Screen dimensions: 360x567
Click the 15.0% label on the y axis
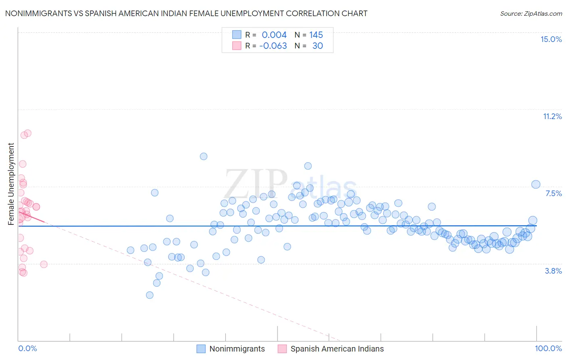coord(551,39)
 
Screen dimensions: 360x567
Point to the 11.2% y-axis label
coord(552,116)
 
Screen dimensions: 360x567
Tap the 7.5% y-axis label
coord(553,193)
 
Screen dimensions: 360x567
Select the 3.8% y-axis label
coord(553,271)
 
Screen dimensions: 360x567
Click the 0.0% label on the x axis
coord(27,348)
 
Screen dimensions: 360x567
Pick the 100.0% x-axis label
coord(548,348)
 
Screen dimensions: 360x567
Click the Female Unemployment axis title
coord(11,184)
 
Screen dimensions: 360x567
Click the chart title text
coord(186,13)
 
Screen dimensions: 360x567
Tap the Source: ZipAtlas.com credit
coord(531,13)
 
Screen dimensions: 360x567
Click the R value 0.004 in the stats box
coord(274,35)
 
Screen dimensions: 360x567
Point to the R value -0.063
coord(273,46)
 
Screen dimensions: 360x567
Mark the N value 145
coord(316,35)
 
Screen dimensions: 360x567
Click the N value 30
coord(317,46)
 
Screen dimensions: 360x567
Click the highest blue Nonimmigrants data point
coord(204,156)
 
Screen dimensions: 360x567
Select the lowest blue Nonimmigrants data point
coord(150,295)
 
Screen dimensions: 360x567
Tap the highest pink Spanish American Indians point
coord(28,133)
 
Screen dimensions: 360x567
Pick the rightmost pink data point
coord(44,264)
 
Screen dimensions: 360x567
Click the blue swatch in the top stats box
coord(237,35)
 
